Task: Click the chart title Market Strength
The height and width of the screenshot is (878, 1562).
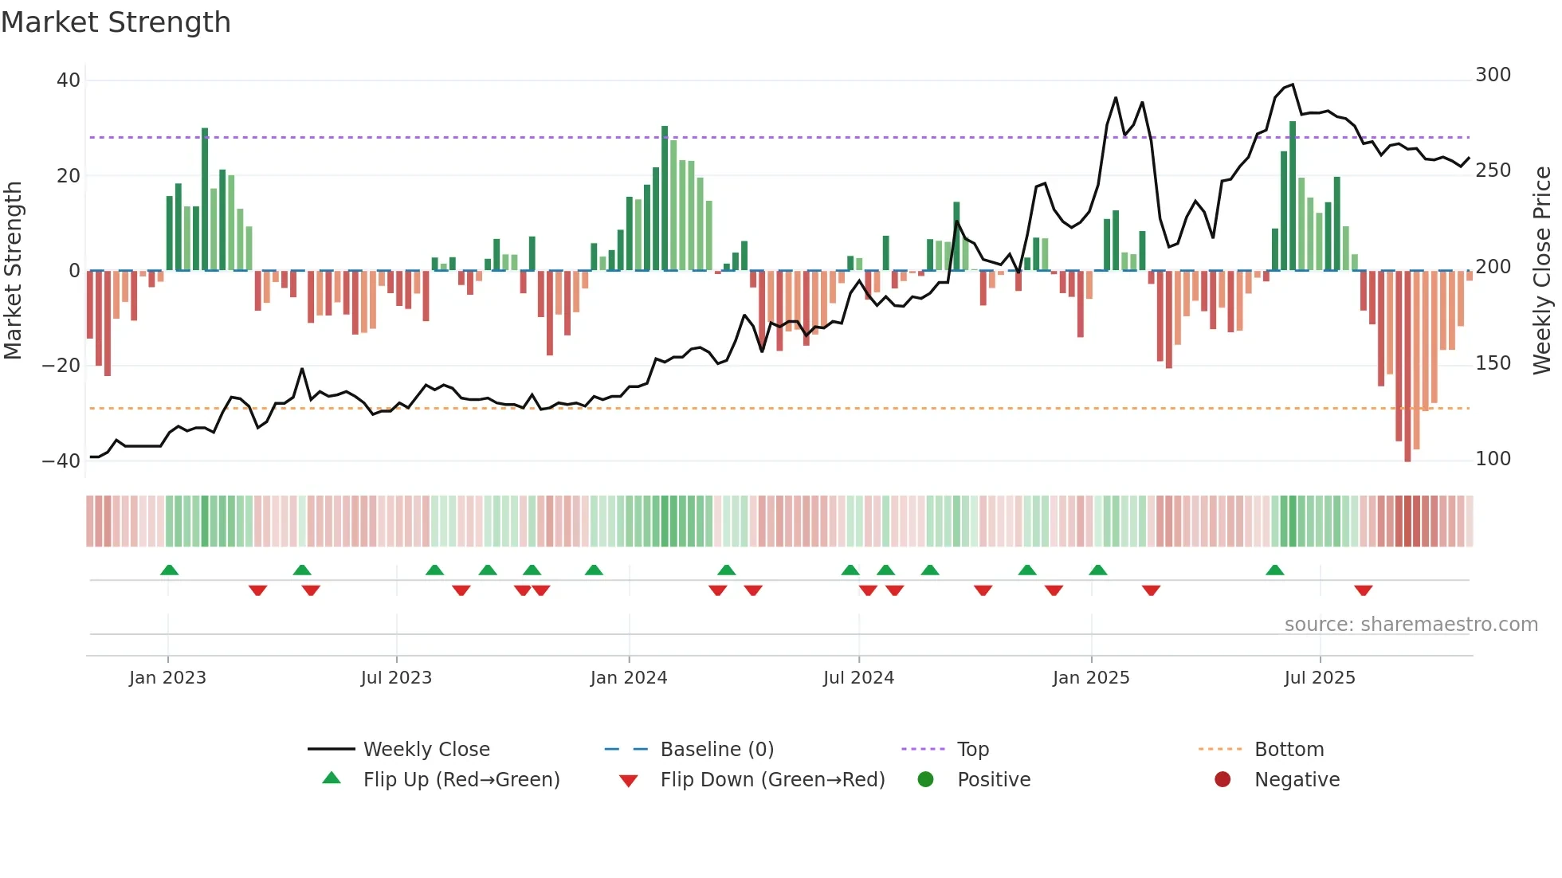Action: tap(116, 22)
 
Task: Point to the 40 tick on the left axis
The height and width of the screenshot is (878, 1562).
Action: tap(69, 80)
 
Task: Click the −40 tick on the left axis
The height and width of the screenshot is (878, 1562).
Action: tap(61, 461)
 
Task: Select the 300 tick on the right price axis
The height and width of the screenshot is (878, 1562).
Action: tap(1493, 75)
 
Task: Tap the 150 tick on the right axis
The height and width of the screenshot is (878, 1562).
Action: tap(1493, 363)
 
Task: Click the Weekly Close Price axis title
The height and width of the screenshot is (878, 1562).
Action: tap(1543, 271)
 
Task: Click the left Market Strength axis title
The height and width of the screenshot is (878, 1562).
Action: tap(13, 271)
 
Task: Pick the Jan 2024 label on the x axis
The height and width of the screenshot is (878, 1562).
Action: tap(629, 678)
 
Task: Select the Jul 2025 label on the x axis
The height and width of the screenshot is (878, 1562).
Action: tap(1320, 678)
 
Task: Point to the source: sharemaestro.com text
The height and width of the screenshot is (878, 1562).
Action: tap(1411, 625)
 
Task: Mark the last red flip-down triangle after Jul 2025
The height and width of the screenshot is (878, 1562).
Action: tap(1363, 590)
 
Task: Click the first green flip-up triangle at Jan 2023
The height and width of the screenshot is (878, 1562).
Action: tap(169, 570)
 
